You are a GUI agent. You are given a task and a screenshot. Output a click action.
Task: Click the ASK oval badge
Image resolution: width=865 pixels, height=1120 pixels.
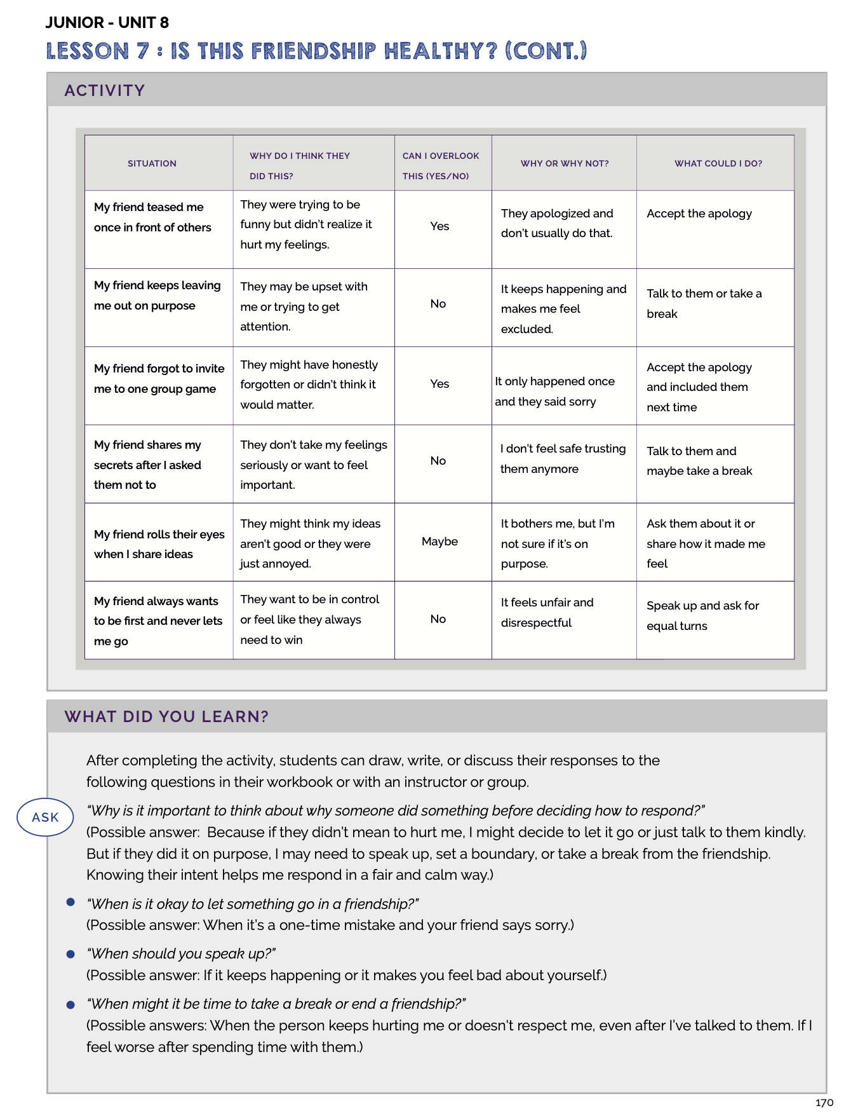click(45, 817)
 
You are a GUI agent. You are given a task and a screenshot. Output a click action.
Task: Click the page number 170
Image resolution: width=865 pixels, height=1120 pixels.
click(824, 1102)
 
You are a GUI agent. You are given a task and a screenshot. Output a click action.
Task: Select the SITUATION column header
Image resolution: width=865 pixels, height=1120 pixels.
click(152, 163)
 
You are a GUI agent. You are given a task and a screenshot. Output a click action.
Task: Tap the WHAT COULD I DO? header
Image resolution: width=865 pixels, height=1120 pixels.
click(718, 163)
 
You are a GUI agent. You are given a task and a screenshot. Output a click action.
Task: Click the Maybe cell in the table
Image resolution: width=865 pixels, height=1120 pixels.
click(439, 542)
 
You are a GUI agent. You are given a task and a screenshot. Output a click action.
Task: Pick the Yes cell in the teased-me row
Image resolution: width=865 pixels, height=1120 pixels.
click(439, 226)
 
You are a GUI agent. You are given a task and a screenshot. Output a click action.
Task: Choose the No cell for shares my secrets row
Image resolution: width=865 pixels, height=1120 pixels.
click(438, 461)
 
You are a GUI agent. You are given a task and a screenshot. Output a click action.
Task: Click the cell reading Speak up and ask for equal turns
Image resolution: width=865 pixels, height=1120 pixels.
click(702, 615)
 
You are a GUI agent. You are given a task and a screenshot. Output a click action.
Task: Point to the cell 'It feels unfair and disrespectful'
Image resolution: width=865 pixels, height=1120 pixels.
click(547, 612)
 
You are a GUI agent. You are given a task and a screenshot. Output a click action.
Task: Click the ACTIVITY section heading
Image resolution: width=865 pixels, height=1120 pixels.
click(105, 90)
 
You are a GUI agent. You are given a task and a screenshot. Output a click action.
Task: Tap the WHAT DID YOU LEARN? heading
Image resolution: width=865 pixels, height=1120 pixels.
click(166, 716)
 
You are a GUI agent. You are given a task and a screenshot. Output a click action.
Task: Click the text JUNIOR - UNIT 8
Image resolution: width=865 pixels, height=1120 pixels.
click(107, 22)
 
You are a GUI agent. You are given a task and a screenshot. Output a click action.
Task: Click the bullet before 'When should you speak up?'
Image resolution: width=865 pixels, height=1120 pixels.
click(71, 954)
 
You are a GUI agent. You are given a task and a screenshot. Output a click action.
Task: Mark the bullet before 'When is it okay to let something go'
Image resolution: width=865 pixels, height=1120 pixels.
click(71, 903)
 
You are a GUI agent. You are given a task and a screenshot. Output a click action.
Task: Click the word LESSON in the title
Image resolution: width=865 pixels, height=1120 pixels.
click(88, 51)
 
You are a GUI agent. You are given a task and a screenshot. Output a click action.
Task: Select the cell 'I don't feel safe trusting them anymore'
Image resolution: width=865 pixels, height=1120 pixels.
click(563, 458)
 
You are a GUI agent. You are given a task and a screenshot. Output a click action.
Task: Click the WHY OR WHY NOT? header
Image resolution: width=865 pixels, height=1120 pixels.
click(564, 163)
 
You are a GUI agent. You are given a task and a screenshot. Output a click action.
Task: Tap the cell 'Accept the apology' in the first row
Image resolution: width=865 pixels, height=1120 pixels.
click(699, 214)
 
